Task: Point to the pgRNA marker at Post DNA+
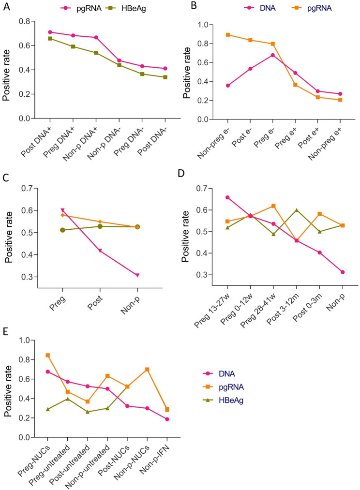pos(50,32)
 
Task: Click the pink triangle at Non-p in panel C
pos(137,275)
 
